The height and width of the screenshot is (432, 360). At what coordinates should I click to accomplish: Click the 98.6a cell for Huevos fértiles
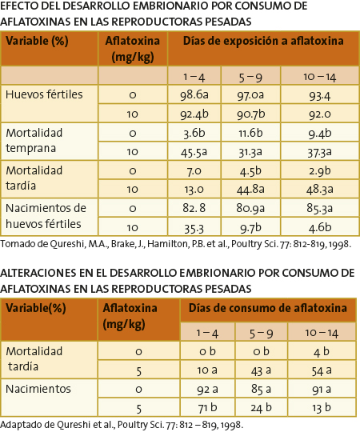[x=194, y=94]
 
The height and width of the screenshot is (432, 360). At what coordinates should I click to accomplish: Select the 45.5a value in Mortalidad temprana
[x=194, y=152]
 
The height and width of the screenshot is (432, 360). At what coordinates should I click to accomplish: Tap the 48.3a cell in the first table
[x=319, y=190]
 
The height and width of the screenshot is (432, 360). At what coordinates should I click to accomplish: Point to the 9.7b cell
[x=250, y=227]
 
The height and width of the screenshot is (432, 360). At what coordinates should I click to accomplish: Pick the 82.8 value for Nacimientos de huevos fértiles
[x=194, y=208]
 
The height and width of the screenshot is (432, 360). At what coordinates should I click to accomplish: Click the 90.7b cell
[x=250, y=114]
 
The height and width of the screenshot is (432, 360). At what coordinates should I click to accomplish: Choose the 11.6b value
[x=250, y=133]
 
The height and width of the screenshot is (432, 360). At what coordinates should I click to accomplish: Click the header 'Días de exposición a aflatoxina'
[x=263, y=41]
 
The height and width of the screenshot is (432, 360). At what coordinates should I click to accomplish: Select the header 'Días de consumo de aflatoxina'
[x=268, y=308]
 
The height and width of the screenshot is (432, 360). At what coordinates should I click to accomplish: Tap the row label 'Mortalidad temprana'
[x=34, y=141]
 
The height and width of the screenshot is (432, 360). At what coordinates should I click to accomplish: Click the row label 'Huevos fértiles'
[x=44, y=94]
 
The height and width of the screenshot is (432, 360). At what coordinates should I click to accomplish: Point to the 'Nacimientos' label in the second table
[x=38, y=389]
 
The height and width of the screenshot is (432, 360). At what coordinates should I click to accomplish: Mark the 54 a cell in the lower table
[x=322, y=370]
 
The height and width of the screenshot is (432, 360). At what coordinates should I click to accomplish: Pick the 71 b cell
[x=207, y=407]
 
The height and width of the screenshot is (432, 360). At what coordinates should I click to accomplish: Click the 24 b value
[x=261, y=407]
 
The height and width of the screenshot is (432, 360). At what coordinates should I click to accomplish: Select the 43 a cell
[x=261, y=370]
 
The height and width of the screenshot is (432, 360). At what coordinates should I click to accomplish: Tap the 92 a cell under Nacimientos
[x=207, y=390]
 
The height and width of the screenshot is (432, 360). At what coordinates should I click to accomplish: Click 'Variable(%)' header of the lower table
[x=36, y=308]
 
